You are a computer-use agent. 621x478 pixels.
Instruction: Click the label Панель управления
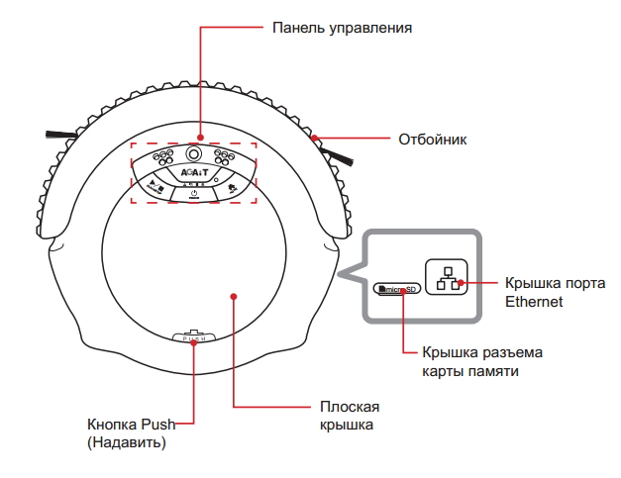point(342,27)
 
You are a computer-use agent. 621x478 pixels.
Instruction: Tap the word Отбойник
point(431,140)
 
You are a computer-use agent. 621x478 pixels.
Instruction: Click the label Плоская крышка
point(350,416)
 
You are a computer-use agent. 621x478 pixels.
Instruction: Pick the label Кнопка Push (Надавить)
point(130,433)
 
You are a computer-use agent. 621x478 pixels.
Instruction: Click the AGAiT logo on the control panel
point(193,172)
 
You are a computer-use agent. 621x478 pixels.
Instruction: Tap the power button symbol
point(194,193)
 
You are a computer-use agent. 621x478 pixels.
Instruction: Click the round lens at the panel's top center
point(193,154)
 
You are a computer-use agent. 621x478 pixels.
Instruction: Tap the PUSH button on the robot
point(194,338)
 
